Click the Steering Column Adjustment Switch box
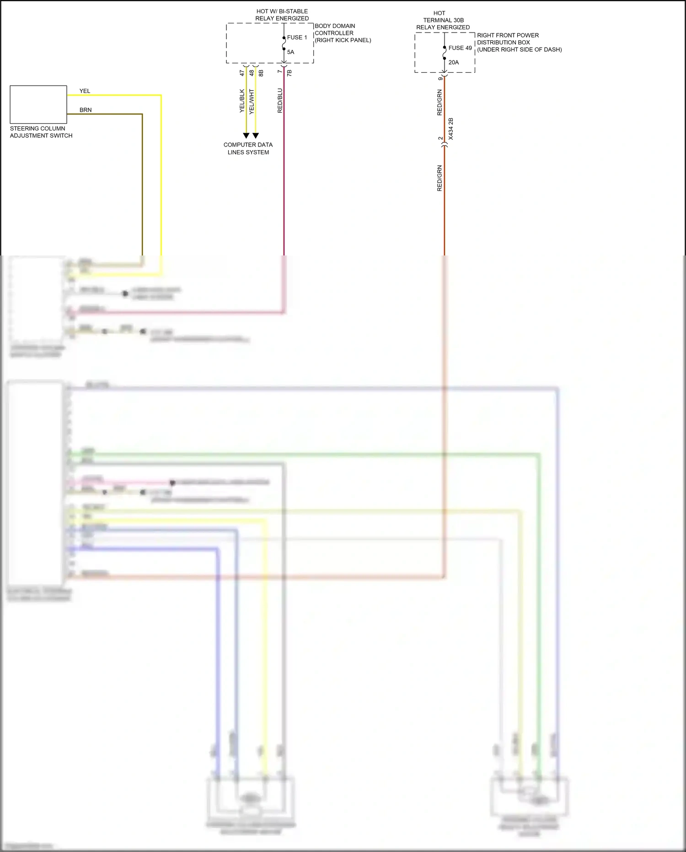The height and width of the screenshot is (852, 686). click(x=38, y=104)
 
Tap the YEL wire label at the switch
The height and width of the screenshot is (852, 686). click(x=85, y=91)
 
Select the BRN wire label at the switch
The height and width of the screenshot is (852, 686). click(x=86, y=110)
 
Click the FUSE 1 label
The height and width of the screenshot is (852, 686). click(x=297, y=38)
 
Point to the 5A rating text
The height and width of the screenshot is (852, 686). click(x=290, y=52)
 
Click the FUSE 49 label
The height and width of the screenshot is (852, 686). click(x=460, y=48)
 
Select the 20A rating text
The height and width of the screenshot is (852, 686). click(x=453, y=63)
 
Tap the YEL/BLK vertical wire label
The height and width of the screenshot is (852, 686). click(x=242, y=101)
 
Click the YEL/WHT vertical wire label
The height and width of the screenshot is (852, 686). click(x=252, y=101)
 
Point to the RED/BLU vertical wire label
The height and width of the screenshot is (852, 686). click(x=280, y=101)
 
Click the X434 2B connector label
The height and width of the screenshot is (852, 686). click(x=451, y=129)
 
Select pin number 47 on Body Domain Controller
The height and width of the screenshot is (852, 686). click(x=242, y=73)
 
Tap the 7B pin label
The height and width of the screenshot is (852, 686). click(x=289, y=73)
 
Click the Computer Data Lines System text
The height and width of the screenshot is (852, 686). click(x=248, y=148)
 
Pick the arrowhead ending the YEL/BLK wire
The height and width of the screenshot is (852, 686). click(x=246, y=136)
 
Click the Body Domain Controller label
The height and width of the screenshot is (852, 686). click(x=342, y=33)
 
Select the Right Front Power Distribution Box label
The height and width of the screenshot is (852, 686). click(x=519, y=42)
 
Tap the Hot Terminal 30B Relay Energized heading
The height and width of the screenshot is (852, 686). click(x=443, y=20)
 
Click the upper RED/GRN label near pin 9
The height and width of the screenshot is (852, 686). click(x=439, y=103)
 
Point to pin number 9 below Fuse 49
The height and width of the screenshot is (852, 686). click(x=440, y=79)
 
